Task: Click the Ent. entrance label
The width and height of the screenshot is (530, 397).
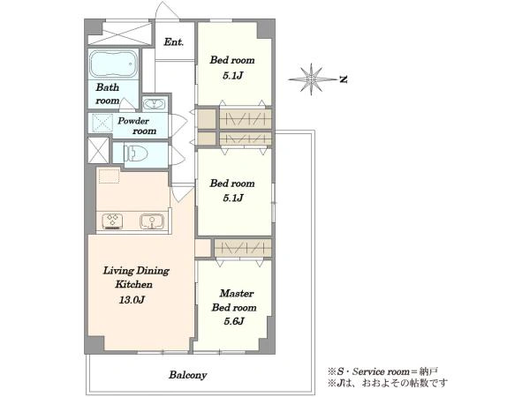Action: [x=174, y=42]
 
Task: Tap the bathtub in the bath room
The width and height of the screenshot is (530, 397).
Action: [x=114, y=64]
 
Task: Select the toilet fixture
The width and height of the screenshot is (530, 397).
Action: [x=136, y=154]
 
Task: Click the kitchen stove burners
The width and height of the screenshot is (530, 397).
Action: [x=112, y=221]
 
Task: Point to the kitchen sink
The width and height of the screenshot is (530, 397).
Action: [x=152, y=221]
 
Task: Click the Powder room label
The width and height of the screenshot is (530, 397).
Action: [x=137, y=125]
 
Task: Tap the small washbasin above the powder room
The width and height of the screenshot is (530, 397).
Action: [x=154, y=103]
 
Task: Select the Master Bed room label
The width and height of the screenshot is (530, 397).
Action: [x=234, y=301]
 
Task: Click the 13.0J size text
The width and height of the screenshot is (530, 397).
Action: [x=132, y=299]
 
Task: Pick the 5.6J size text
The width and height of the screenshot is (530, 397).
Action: [x=234, y=321]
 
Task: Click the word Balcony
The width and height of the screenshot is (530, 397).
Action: [x=188, y=375]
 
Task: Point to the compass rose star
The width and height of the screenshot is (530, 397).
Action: [x=311, y=79]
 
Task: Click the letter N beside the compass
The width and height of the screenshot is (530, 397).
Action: [x=344, y=79]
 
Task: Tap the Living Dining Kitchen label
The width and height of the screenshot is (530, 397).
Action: [x=136, y=278]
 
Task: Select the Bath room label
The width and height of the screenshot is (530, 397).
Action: [x=108, y=94]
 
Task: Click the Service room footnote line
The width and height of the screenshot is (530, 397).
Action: [x=382, y=371]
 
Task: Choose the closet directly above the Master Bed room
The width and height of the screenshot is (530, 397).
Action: [x=243, y=248]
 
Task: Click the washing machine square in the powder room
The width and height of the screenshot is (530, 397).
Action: [x=102, y=124]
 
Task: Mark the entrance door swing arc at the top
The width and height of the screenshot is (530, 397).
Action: [x=168, y=10]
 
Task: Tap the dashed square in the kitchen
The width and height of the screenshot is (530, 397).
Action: [x=109, y=176]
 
